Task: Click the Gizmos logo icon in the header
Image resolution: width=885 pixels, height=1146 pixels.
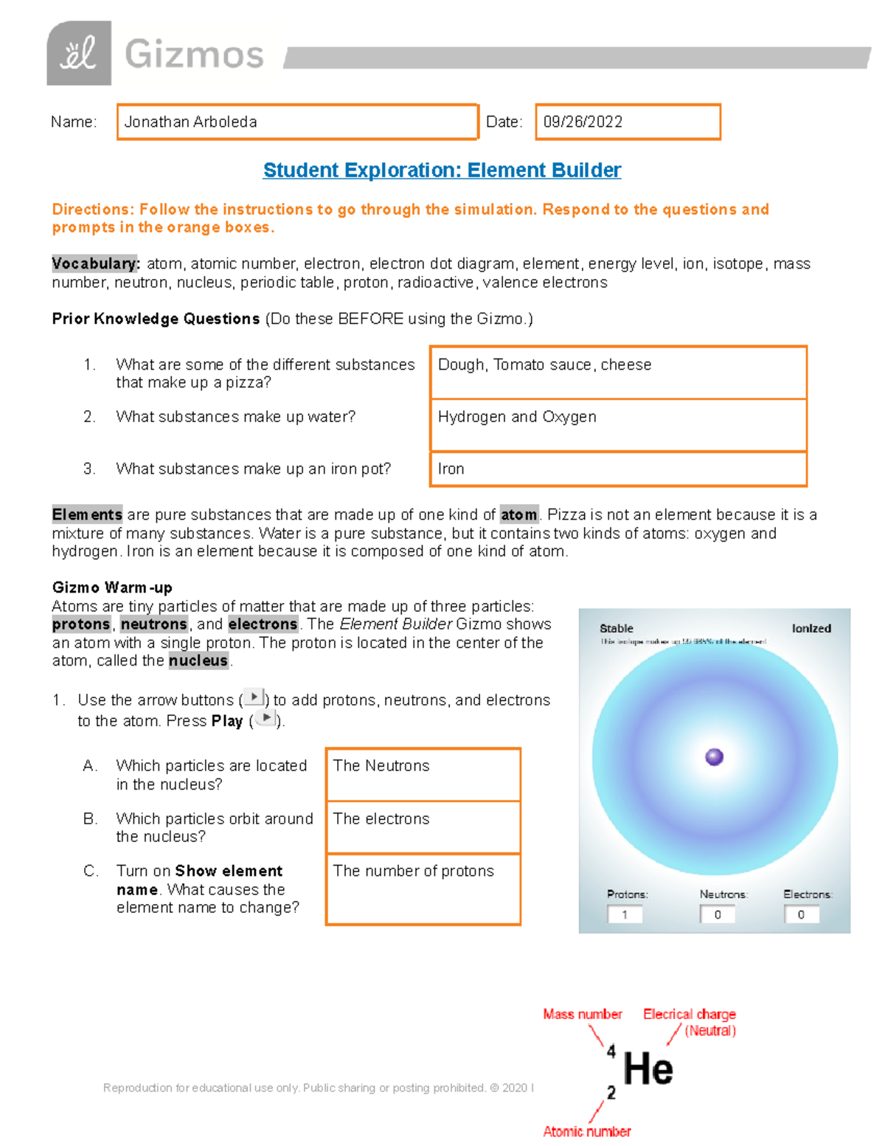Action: tap(79, 53)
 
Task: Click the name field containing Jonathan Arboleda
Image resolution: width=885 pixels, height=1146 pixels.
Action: tap(297, 122)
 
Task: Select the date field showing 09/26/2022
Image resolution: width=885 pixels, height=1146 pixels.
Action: tap(627, 122)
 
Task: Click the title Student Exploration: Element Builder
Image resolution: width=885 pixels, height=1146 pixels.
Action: tap(442, 170)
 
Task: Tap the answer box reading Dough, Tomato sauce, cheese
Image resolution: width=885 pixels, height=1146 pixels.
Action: tap(618, 373)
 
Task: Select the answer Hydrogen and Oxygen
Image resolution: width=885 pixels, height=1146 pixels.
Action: tap(618, 425)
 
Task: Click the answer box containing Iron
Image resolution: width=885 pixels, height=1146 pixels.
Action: tap(618, 469)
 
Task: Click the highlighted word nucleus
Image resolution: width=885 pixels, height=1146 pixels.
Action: tap(198, 660)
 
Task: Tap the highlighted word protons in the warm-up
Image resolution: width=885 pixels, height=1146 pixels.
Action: tap(81, 624)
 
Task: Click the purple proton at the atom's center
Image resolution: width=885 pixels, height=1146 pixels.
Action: tap(714, 757)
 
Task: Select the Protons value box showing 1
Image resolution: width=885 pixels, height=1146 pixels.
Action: tap(625, 914)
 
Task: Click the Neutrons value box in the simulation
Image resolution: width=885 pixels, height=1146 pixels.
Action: tap(718, 914)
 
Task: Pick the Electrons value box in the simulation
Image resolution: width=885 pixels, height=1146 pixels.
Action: tap(801, 914)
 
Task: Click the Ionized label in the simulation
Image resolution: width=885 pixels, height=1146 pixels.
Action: tap(811, 629)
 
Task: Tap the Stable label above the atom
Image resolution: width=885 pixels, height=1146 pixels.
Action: tap(617, 629)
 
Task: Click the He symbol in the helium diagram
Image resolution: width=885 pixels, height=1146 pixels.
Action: tap(648, 1069)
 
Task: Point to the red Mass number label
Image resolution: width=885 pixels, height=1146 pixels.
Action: tap(583, 1015)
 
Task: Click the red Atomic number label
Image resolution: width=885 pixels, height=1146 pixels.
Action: tap(587, 1131)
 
